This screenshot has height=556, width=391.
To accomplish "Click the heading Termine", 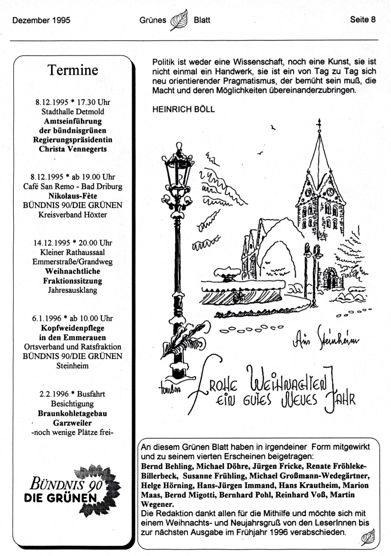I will coord(73,70).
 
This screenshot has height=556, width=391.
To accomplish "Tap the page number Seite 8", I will coord(363,19).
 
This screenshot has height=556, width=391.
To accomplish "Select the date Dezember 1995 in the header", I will coord(41,20).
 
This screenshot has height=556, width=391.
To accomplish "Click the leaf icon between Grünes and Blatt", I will coord(179,20).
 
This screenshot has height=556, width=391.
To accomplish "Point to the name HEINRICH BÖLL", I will coord(183,109).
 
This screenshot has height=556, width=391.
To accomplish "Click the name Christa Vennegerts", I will coord(73,149).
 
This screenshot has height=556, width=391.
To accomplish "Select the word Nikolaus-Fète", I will coord(73,196).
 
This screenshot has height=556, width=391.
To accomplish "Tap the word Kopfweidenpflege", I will coord(73,328).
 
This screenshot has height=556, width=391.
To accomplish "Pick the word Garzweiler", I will coord(72,423).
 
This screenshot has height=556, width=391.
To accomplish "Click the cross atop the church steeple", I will coord(319,124).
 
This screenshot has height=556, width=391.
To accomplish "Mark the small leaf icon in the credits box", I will coord(368,537).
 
